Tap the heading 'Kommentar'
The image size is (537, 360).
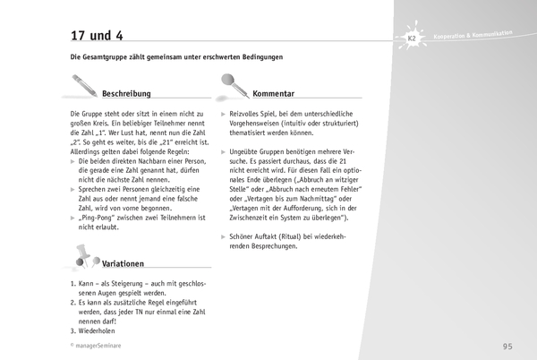[x=274, y=94]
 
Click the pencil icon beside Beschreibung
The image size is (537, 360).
[x=83, y=88]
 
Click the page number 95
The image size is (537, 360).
[x=507, y=347]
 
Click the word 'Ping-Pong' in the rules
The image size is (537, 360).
[x=97, y=218]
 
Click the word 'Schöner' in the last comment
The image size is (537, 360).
[x=245, y=236]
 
